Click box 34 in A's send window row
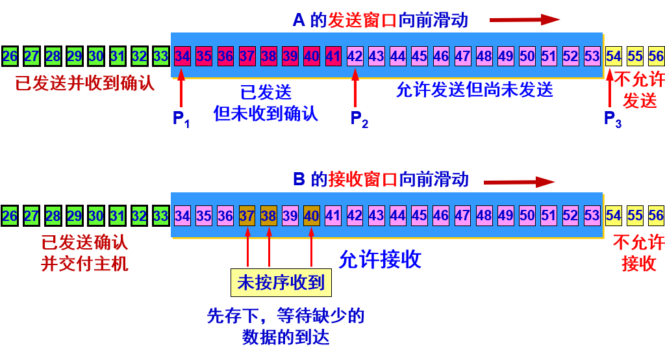[182, 56]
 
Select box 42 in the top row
[355, 56]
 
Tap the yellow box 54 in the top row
[613, 56]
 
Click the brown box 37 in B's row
[247, 215]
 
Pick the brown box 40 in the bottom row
[312, 215]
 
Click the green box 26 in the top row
[10, 56]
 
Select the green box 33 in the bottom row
[160, 215]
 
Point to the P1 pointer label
[181, 119]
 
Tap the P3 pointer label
[612, 119]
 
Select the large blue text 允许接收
[380, 259]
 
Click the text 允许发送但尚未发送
[475, 90]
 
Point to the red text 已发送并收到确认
[85, 83]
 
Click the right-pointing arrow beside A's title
[524, 20]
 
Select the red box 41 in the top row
[333, 56]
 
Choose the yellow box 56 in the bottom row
[656, 215]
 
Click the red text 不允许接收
[639, 253]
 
